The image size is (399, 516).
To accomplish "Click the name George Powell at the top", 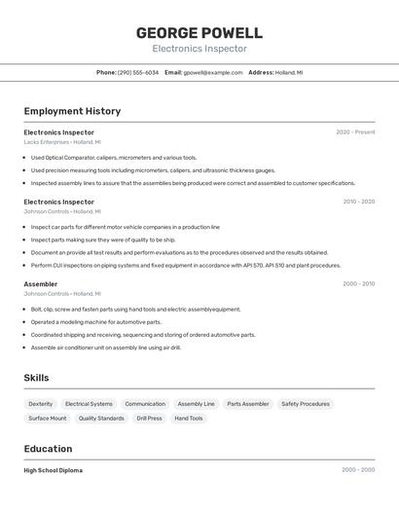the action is (199, 33).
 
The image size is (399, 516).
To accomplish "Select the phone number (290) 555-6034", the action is (138, 72).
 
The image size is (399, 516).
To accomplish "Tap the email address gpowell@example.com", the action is (213, 72).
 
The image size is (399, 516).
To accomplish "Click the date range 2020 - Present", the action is (355, 132).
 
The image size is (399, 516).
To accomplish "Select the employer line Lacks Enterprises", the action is (62, 142).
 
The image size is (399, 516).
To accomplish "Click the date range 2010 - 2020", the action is (358, 202).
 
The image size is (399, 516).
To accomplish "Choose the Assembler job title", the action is (41, 284).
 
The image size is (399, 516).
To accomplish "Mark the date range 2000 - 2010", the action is (358, 284).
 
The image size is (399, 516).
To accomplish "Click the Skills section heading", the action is (37, 378).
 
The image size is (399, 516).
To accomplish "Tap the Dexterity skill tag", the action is (41, 404).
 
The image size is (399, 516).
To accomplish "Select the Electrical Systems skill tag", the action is (89, 404).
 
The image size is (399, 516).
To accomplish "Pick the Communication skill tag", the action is (145, 404).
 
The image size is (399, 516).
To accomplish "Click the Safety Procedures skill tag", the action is (306, 404).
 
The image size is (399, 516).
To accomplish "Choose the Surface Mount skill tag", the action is (48, 419).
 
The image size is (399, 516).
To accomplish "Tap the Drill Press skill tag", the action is (149, 419).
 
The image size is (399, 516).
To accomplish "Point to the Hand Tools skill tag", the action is (189, 419).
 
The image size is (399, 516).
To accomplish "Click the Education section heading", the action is (49, 449).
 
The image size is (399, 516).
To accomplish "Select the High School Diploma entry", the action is (54, 470).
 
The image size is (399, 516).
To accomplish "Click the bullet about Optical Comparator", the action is (113, 157).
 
